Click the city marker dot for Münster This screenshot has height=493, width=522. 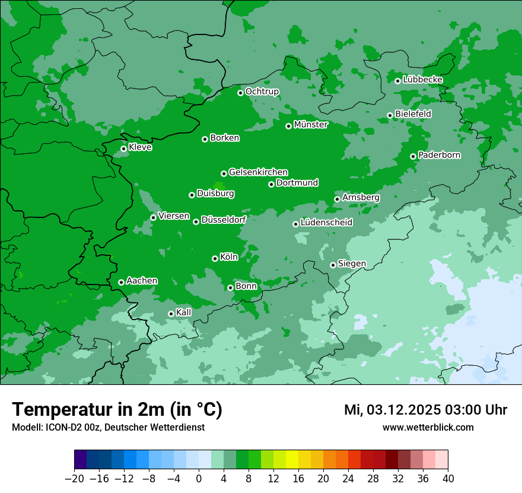tap(289, 126)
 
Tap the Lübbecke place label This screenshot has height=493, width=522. tap(422, 80)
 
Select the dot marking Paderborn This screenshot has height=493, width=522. tap(413, 156)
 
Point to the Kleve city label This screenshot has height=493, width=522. tap(140, 147)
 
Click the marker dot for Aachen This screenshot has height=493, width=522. tap(121, 282)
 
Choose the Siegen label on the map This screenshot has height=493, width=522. tap(352, 264)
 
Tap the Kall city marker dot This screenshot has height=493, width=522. tap(171, 314)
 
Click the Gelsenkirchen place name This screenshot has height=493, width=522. tap(258, 172)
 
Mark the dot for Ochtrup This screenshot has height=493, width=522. tap(240, 93)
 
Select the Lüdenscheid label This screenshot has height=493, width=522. tap(326, 223)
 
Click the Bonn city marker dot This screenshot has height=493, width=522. tap(230, 287)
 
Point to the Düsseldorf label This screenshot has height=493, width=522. tap(224, 220)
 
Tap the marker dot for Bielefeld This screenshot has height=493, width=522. tap(390, 115)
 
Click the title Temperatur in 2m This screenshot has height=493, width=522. tap(117, 410)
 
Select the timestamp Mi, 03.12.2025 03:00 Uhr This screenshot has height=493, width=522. tap(425, 410)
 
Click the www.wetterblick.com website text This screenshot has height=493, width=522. tap(428, 428)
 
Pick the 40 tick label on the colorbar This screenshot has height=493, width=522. tap(448, 479)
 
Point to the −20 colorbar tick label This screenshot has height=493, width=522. tap(74, 479)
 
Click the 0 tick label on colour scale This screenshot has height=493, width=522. tap(199, 479)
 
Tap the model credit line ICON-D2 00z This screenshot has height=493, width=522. tap(108, 428)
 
